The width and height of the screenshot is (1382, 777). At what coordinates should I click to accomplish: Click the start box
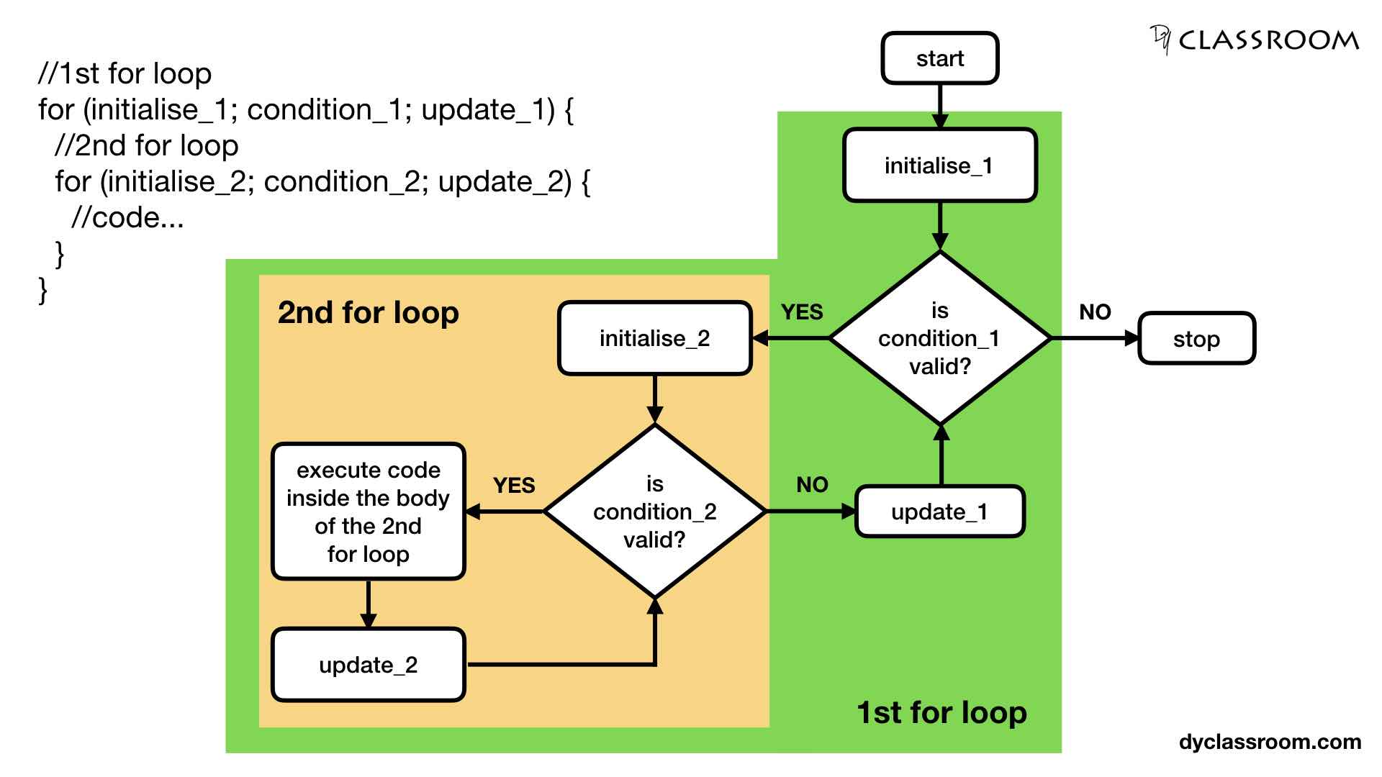[939, 58]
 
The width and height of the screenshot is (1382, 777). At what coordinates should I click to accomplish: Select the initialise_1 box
[939, 165]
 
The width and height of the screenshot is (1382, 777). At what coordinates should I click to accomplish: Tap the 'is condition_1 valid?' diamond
[939, 338]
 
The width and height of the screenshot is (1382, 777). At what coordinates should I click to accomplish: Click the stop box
[1196, 338]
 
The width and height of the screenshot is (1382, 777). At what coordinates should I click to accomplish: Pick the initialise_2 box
[654, 338]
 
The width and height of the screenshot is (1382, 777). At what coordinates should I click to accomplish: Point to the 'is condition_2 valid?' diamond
[654, 512]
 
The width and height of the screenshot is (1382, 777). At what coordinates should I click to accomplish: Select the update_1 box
[939, 512]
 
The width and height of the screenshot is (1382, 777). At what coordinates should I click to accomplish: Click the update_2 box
[368, 665]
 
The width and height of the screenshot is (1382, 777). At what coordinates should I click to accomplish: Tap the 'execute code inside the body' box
[368, 512]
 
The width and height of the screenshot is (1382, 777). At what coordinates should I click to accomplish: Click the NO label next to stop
[1095, 312]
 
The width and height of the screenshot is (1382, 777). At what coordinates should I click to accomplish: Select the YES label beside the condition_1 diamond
[802, 312]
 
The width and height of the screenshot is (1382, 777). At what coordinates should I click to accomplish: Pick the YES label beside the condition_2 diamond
[514, 485]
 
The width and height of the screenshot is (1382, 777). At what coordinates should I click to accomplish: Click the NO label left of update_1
[812, 485]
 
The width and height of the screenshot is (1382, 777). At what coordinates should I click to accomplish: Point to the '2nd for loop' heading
[368, 313]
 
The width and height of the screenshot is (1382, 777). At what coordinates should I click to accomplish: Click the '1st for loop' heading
[941, 712]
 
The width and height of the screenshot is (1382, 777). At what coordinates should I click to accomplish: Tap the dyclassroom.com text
[1270, 742]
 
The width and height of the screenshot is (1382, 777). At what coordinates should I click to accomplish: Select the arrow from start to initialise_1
[939, 106]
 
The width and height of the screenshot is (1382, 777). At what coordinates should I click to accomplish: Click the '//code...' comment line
[127, 217]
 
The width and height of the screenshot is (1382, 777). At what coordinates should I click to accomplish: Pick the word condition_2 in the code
[341, 181]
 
